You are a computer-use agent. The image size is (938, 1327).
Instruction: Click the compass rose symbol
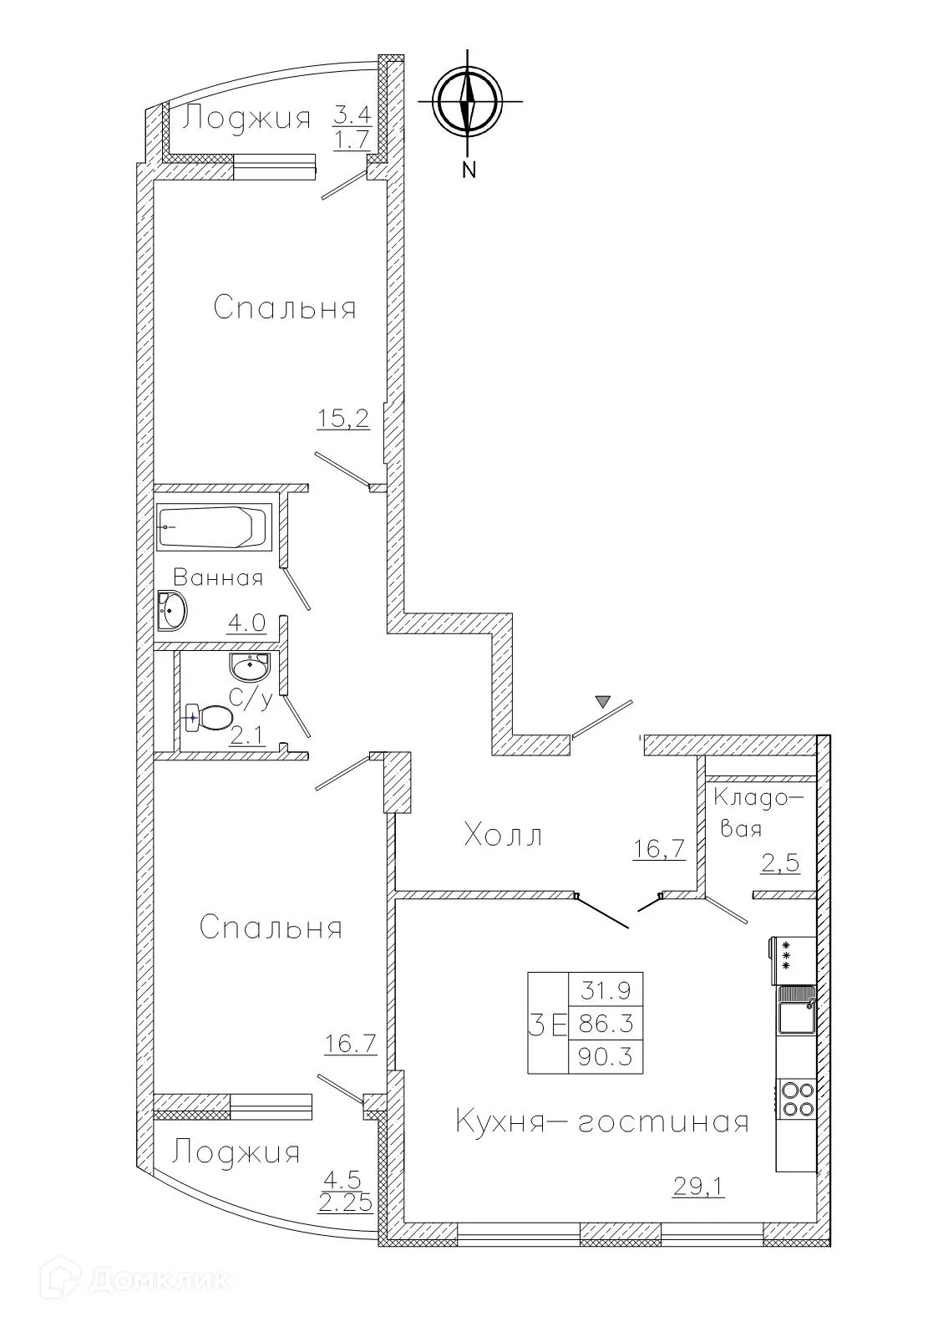point(468,102)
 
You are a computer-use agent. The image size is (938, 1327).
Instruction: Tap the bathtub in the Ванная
point(214,526)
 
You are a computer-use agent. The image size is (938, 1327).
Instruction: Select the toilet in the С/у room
point(209,717)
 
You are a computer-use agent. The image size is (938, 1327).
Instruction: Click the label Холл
point(503,835)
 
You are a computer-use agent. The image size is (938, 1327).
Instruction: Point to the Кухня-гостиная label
point(601,1121)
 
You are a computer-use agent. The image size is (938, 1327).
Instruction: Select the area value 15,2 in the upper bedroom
point(342,418)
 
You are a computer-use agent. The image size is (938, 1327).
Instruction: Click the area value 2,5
point(780,862)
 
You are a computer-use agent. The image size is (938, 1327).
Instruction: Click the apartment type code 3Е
point(547,1024)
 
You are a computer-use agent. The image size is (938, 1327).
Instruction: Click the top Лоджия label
point(247,118)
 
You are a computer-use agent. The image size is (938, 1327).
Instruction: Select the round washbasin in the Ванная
point(172,610)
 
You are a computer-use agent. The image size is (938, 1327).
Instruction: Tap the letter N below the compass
point(469,170)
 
